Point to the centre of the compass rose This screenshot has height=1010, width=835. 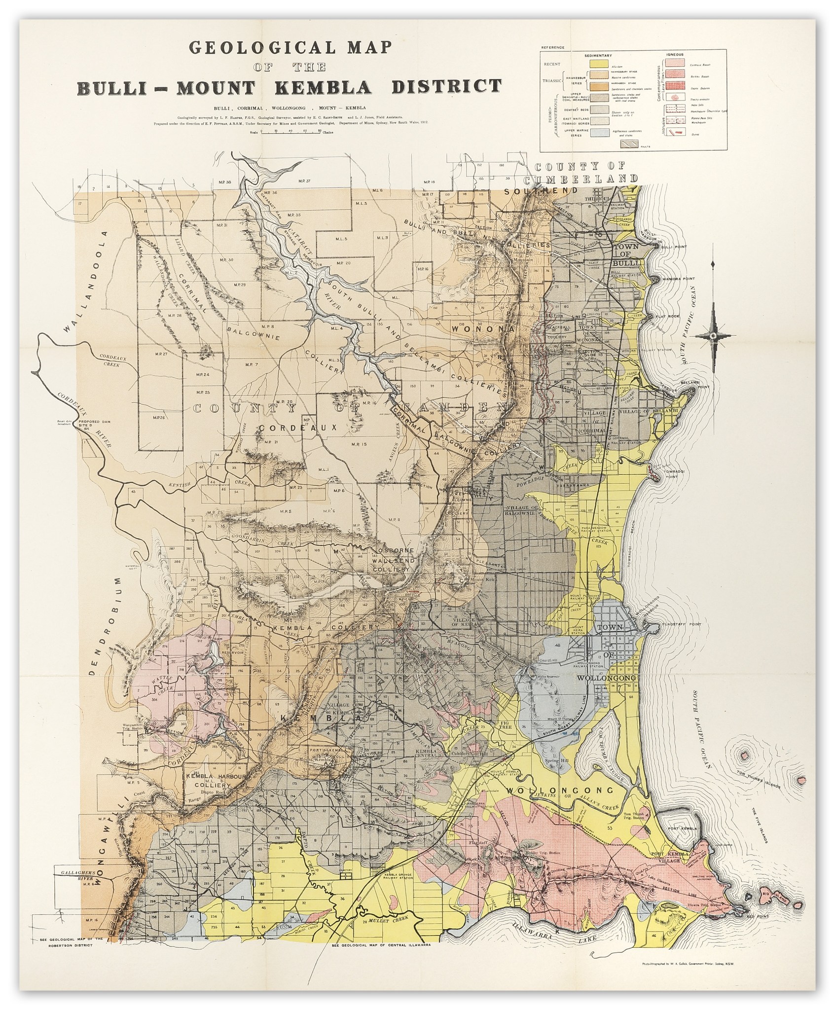tap(713, 336)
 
